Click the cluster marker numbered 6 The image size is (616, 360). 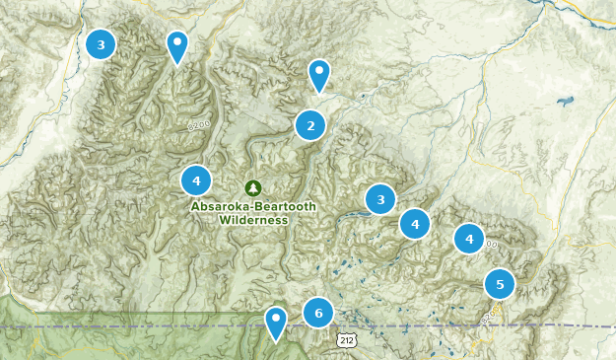318,313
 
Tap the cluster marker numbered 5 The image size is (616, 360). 500,285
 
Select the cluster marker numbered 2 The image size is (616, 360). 310,125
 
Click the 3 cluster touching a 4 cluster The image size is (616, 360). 380,200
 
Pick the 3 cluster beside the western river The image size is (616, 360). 101,44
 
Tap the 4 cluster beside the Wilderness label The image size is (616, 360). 196,180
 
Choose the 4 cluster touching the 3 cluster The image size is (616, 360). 415,224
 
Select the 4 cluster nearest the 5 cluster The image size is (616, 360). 469,239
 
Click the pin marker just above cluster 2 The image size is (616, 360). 318,74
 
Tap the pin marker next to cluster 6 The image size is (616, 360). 276,322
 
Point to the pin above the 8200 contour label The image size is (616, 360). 176,45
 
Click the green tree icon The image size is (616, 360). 253,186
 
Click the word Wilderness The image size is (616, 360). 253,220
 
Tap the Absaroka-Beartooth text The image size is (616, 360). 253,206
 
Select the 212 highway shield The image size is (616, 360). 344,339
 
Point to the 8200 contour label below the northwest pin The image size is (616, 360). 199,126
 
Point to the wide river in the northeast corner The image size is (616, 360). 591,16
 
